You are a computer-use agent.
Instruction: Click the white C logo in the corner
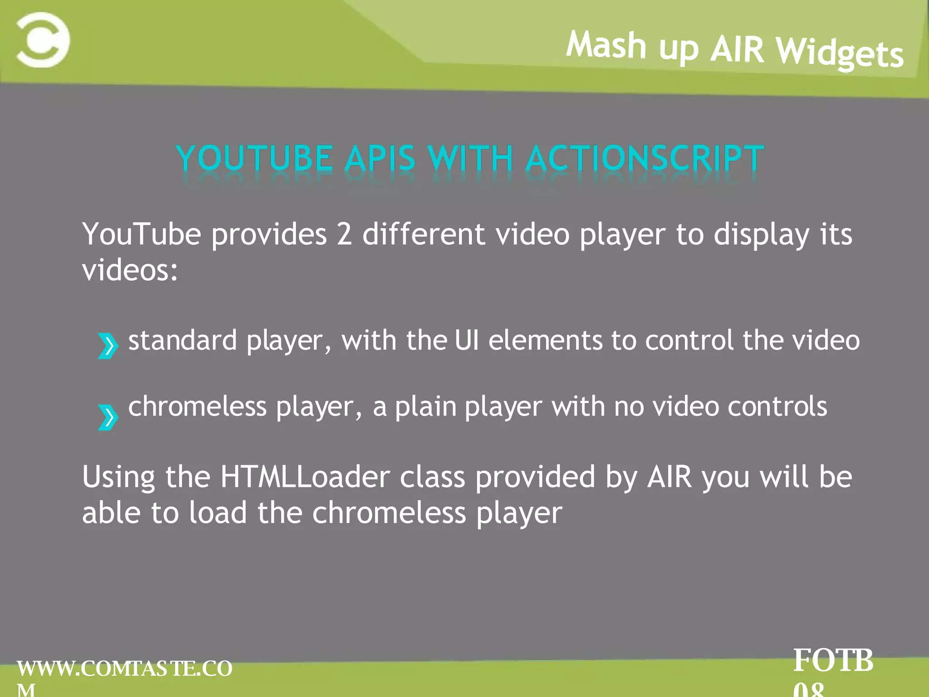[x=43, y=40]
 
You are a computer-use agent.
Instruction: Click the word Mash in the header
[x=606, y=45]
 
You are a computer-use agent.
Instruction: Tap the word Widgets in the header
[x=840, y=54]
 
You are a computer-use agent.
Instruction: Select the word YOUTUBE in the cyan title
[x=254, y=158]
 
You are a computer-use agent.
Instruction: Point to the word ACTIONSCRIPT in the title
[x=645, y=158]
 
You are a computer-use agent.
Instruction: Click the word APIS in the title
[x=380, y=158]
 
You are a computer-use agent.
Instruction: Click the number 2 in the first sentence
[x=344, y=234]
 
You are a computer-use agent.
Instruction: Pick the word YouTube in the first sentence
[x=142, y=234]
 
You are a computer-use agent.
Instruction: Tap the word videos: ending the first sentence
[x=130, y=270]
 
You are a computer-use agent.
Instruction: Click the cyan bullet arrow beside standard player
[x=108, y=346]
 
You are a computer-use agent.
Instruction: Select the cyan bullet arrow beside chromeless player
[x=108, y=417]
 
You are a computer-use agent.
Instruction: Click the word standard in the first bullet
[x=182, y=340]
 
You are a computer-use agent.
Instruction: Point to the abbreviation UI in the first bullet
[x=466, y=340]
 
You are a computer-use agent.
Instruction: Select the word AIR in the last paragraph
[x=670, y=477]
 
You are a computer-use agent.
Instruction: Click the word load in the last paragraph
[x=218, y=513]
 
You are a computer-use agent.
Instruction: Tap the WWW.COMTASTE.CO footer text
[x=125, y=669]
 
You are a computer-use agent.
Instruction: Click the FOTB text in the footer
[x=833, y=661]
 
